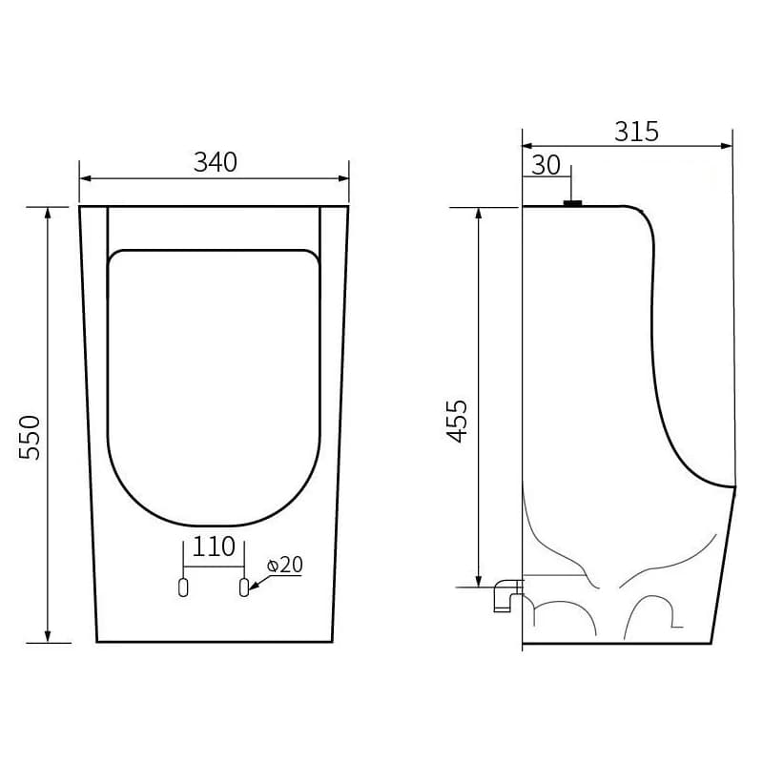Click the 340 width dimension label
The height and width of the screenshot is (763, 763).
216,162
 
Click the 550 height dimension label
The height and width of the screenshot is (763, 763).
30,437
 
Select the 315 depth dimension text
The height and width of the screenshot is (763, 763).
636,132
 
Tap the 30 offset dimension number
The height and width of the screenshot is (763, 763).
546,165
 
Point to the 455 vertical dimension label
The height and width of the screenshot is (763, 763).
457,421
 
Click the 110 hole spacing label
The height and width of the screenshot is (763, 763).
214,546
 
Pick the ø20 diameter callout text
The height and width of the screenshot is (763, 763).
284,565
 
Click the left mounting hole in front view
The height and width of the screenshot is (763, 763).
183,587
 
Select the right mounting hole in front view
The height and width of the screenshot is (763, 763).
244,587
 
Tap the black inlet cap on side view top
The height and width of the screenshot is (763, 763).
573,203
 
